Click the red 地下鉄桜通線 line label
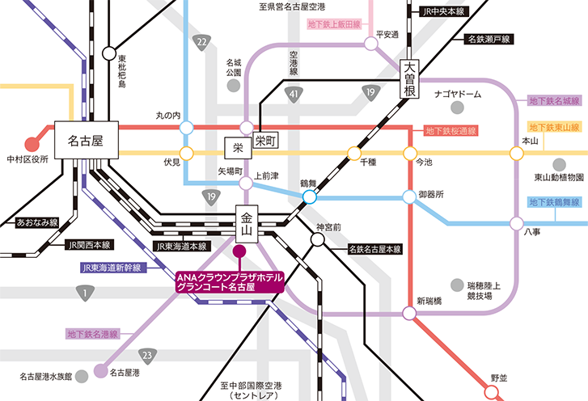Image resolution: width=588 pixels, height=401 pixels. click(451, 130)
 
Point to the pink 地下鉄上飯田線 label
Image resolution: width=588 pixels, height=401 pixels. click(336, 25)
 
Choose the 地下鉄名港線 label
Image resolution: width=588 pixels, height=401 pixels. click(92, 333)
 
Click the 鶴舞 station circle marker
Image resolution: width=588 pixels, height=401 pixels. click(309, 196)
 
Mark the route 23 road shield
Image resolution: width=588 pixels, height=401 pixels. click(146, 355)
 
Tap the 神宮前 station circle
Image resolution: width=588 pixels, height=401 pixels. click(317, 239)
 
